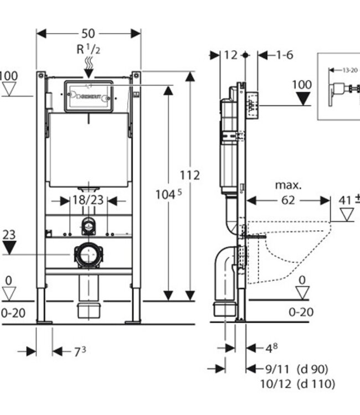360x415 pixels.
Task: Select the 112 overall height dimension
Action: point(189,175)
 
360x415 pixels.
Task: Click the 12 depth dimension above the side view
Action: point(231,55)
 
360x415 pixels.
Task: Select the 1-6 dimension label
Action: point(284,55)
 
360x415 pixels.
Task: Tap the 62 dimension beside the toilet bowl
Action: point(288,200)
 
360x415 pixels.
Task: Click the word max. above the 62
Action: point(288,185)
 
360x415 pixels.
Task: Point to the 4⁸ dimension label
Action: point(269,348)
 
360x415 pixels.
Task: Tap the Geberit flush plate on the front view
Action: point(88,96)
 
